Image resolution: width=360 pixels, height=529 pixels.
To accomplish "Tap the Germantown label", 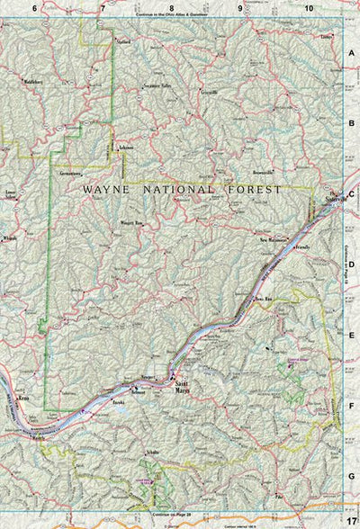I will tap(74, 170).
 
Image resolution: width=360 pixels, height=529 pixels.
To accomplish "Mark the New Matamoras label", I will tap(274, 241).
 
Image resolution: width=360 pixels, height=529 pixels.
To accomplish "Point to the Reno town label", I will tap(24, 394).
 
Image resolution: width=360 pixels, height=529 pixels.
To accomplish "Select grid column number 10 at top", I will tap(309, 7).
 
